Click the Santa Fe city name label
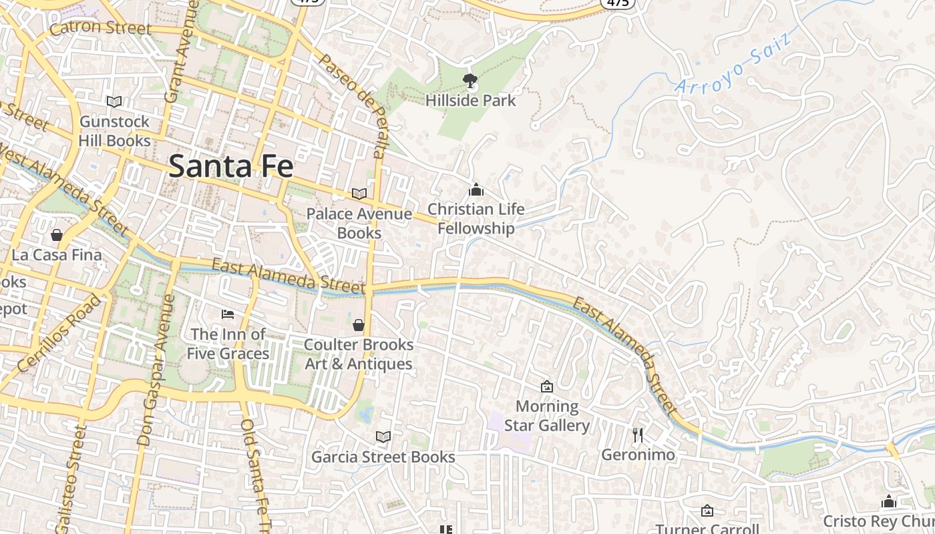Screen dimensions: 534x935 230,166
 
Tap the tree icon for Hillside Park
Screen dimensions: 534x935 470,81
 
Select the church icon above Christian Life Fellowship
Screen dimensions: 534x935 476,190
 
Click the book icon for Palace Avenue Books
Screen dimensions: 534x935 359,194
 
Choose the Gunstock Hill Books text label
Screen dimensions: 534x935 114,131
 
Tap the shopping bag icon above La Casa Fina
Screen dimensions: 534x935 57,235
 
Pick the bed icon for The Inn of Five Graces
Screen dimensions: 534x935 228,314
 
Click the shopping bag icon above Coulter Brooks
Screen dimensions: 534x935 359,325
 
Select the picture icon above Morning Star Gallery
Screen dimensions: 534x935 547,386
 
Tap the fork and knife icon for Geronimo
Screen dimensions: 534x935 638,435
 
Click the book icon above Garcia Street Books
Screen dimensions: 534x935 383,437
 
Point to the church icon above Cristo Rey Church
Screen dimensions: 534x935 888,501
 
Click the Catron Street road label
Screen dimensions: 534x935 100,28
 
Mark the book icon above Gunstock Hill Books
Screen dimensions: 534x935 114,101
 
